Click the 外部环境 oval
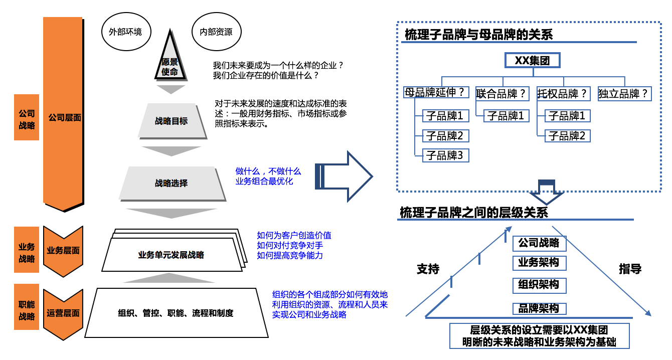coord(125,32)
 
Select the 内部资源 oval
coord(216,32)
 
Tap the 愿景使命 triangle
coord(170,62)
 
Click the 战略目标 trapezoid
coord(172,121)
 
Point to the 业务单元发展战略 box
coord(171,255)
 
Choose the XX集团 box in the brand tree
coord(532,61)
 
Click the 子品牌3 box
coord(446,155)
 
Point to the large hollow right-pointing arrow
coord(345,176)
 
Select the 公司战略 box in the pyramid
coord(539,243)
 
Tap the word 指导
coord(630,269)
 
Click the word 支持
coord(428,269)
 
